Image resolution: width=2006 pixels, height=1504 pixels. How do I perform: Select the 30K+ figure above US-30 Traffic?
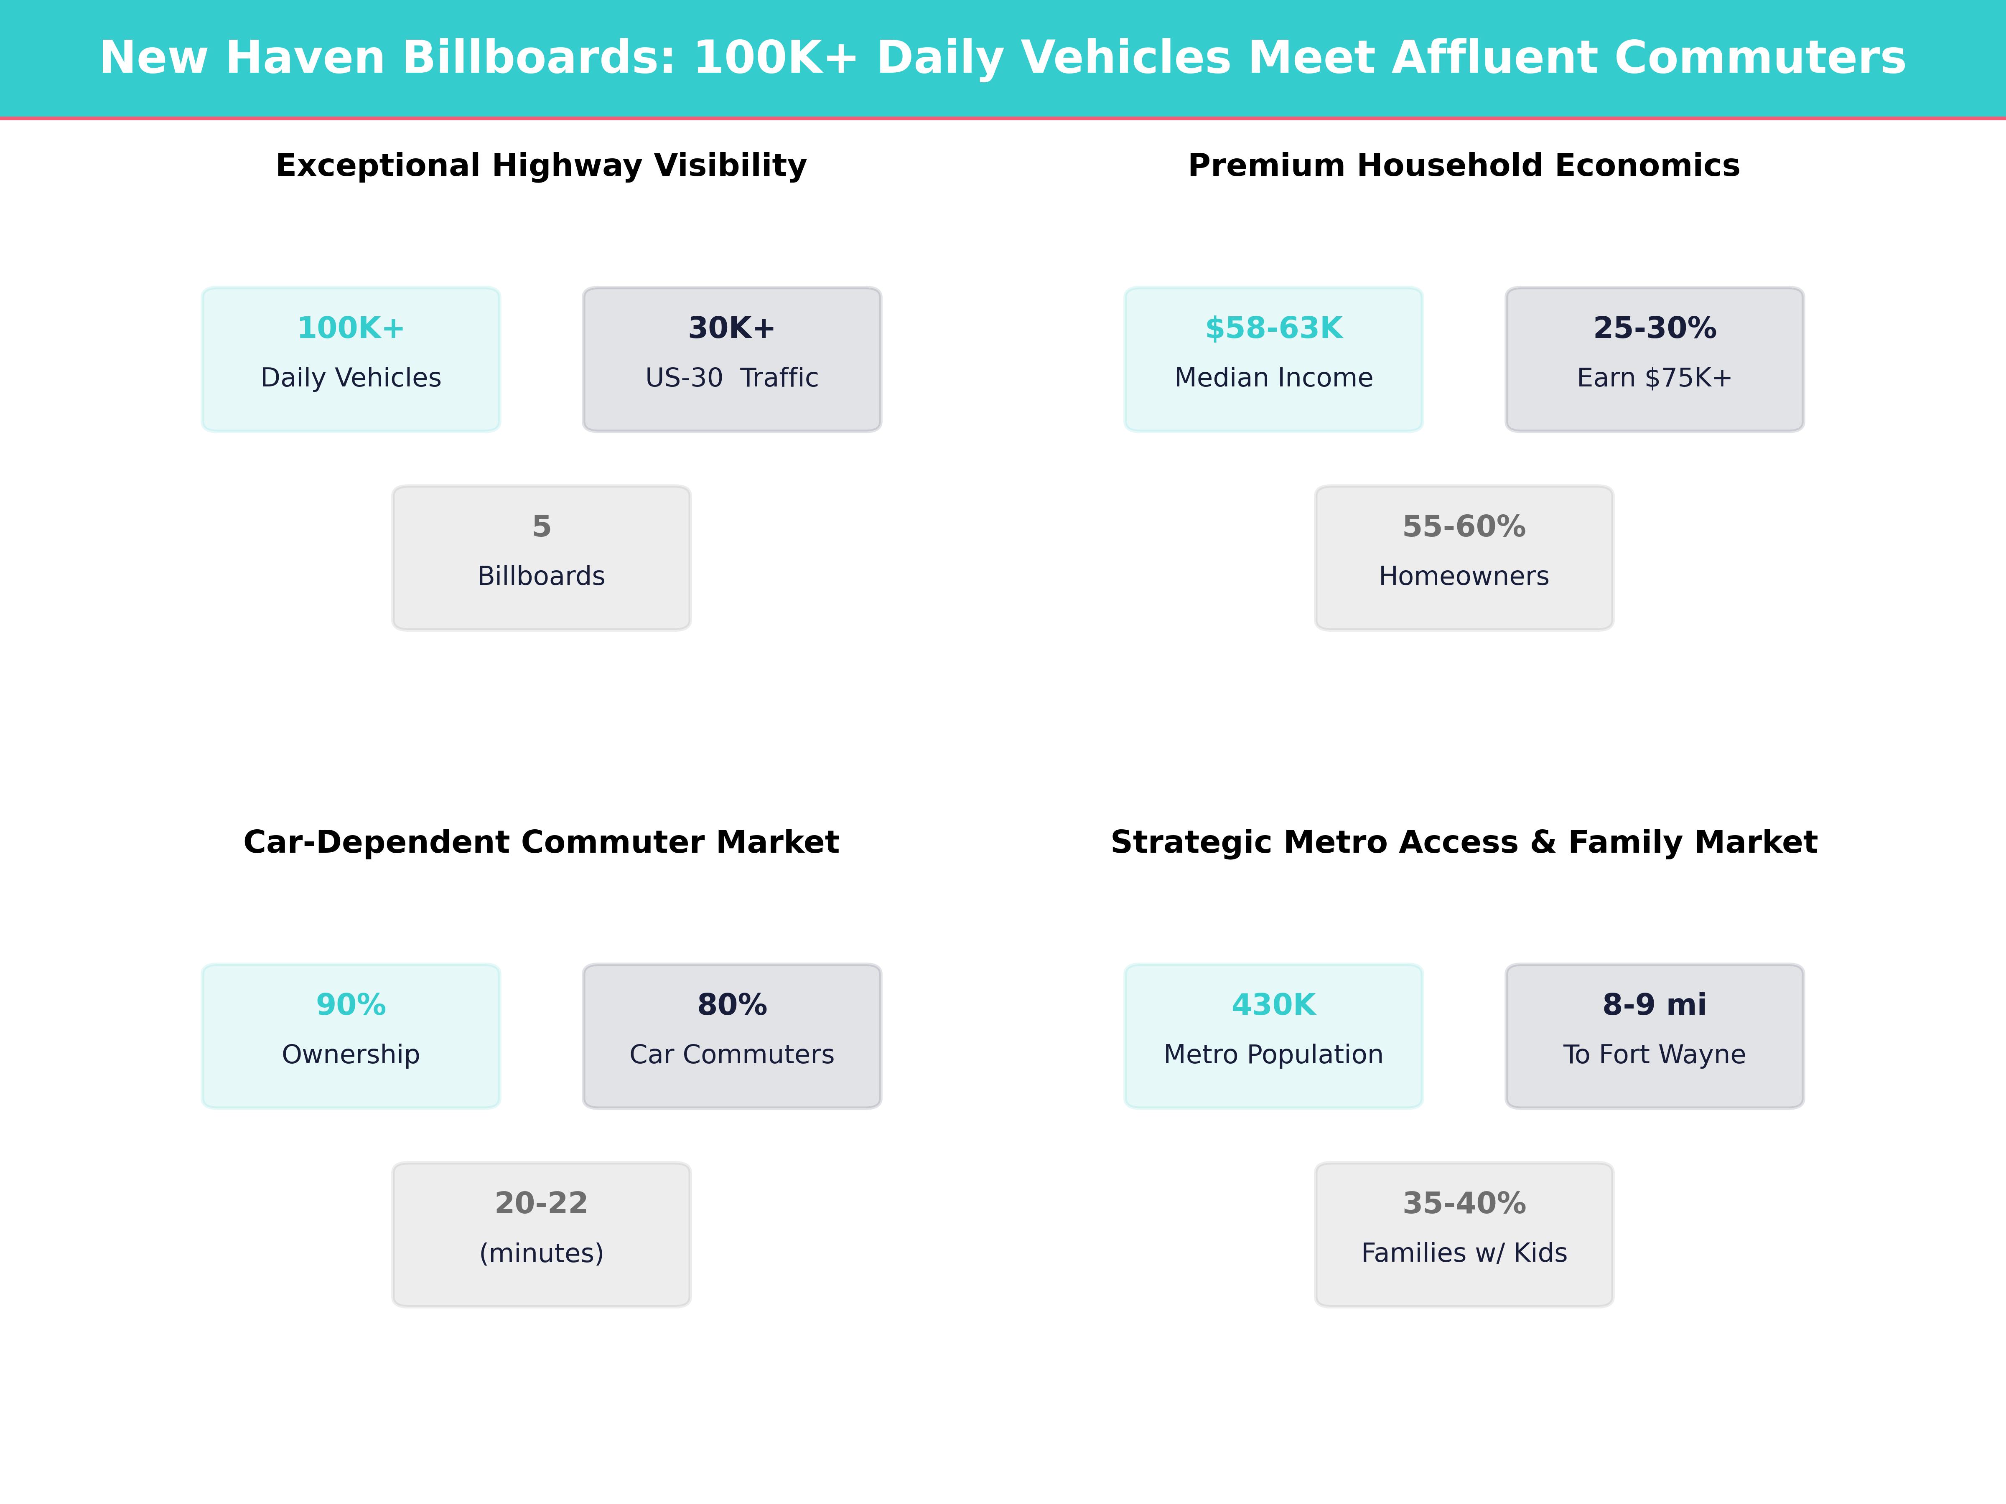click(x=731, y=328)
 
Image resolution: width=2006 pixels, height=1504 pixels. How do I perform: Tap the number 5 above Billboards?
click(x=541, y=527)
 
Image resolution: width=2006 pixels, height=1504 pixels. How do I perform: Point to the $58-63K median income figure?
click(x=1273, y=328)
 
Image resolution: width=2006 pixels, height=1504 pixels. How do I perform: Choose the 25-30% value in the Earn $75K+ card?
click(x=1654, y=328)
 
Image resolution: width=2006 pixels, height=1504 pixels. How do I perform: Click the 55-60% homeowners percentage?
click(x=1464, y=527)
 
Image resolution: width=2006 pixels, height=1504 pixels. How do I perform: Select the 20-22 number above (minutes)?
click(x=541, y=1203)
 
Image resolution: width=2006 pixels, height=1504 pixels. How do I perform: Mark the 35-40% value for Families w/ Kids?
click(x=1464, y=1203)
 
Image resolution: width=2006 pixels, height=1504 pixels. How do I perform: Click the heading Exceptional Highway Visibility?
click(x=541, y=166)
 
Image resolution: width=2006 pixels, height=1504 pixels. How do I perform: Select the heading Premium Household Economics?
click(x=1464, y=166)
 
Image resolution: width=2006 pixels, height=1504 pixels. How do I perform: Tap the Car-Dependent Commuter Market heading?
click(x=541, y=842)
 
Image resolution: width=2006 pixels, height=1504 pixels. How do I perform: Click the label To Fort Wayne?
click(x=1654, y=1054)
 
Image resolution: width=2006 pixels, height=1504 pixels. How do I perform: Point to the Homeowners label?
click(x=1464, y=577)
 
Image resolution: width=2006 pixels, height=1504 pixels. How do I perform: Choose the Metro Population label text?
click(x=1273, y=1054)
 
